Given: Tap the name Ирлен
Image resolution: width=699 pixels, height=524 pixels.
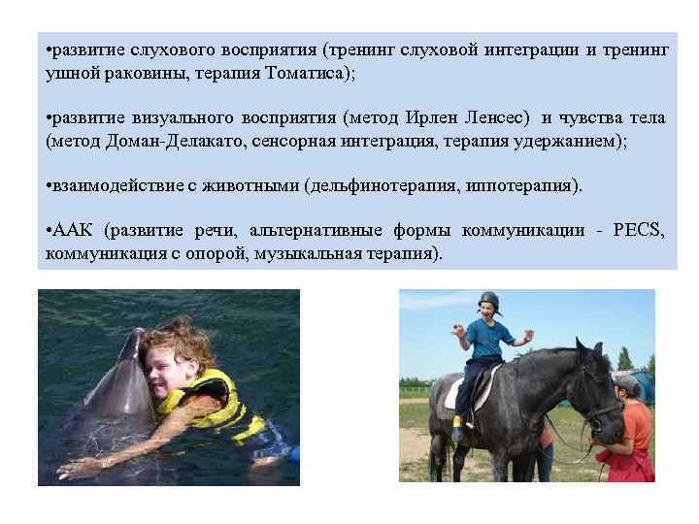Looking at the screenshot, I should coord(439,118).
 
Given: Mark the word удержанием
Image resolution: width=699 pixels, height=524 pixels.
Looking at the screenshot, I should coord(577,142).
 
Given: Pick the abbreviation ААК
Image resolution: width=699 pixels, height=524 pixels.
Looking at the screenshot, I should coord(73,231).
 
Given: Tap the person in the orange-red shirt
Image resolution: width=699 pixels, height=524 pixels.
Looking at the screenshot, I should coord(635,432).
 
